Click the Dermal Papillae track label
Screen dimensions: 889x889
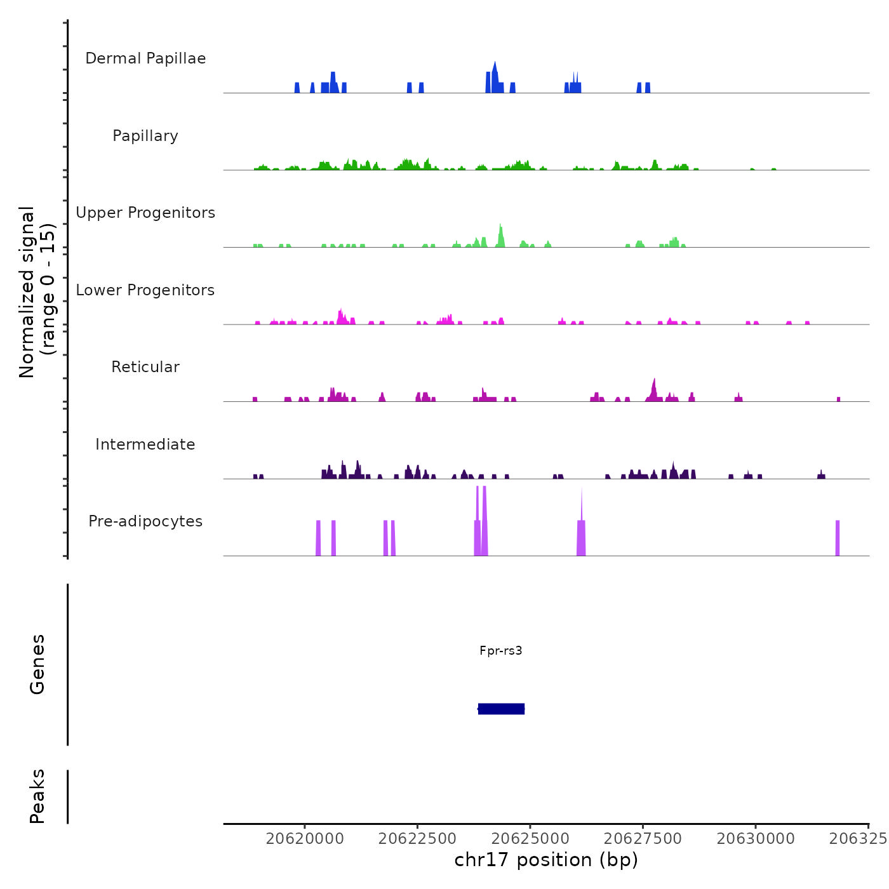(x=145, y=58)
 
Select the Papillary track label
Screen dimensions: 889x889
(x=145, y=136)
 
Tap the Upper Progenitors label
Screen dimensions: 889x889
(x=145, y=213)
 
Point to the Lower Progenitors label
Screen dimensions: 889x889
(x=145, y=290)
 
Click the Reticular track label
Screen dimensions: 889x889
(x=145, y=367)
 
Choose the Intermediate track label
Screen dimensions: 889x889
(x=145, y=444)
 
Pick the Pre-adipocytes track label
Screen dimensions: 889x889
(x=145, y=521)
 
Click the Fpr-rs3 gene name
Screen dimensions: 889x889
(x=501, y=651)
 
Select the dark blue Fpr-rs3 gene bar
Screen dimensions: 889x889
(x=502, y=709)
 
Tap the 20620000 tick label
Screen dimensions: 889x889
(x=305, y=839)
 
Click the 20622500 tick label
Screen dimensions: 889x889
(x=417, y=839)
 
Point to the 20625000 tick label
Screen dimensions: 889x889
(x=530, y=839)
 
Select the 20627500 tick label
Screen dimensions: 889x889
(x=643, y=839)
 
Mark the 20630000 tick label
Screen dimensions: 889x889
(x=756, y=839)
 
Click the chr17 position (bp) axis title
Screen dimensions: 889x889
(x=546, y=860)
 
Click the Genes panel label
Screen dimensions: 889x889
(x=37, y=664)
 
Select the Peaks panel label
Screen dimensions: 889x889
(x=37, y=796)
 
